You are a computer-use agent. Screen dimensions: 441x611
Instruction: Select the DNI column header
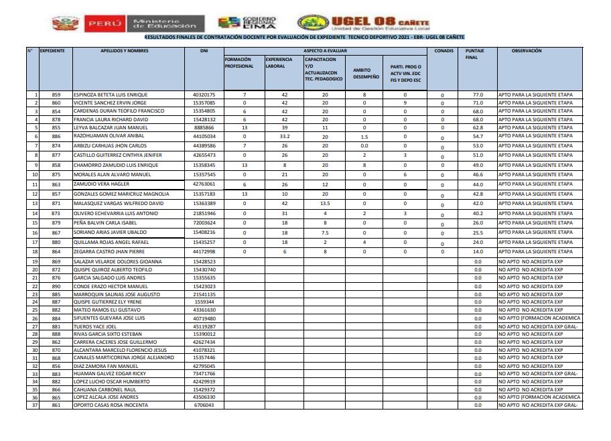pos(204,51)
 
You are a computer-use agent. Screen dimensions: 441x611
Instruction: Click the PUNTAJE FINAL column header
pos(475,54)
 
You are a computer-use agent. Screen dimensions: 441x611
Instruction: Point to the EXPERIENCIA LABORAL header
pos(279,63)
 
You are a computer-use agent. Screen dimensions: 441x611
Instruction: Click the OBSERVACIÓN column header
pos(526,51)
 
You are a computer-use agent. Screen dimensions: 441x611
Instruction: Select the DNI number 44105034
pos(204,136)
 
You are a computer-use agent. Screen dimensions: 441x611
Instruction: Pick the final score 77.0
pos(478,95)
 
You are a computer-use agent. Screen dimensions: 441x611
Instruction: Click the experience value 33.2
pos(284,136)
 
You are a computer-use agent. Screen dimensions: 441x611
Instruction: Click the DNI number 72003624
pos(204,223)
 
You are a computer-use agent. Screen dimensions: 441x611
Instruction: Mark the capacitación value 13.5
pos(325,203)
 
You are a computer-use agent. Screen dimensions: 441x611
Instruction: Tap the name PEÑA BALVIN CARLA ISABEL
pos(105,223)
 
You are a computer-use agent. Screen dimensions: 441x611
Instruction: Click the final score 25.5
pos(478,233)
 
